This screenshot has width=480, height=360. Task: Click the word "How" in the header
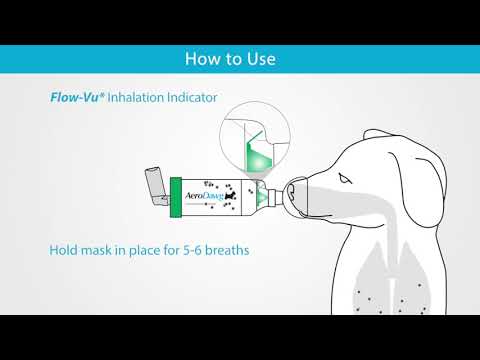(201, 58)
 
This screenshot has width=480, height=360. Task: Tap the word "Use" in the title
(259, 58)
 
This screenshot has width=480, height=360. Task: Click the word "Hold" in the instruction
(65, 249)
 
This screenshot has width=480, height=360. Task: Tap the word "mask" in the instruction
(105, 249)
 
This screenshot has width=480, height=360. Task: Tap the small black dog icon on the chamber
(234, 197)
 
